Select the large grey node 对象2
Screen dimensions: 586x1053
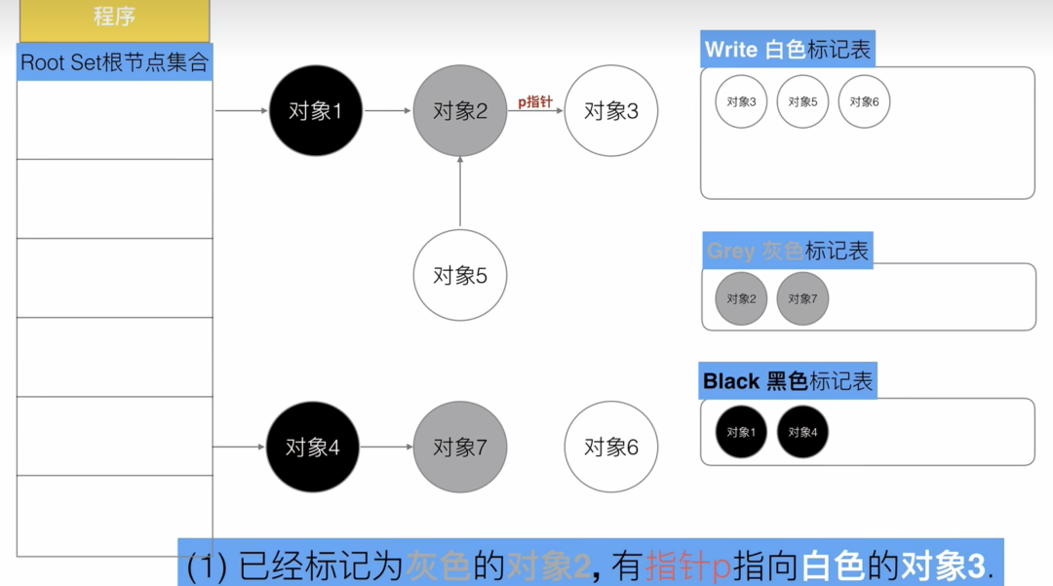coord(460,111)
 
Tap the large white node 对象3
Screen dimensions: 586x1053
coord(611,111)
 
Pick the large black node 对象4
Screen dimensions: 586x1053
coord(313,448)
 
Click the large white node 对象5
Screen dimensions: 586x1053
coord(460,276)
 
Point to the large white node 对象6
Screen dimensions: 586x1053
coord(611,448)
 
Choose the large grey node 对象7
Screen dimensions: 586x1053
coord(460,448)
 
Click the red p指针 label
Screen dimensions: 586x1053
coord(535,101)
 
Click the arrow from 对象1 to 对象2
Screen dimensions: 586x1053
coord(388,111)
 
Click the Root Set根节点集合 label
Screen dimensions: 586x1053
coord(115,62)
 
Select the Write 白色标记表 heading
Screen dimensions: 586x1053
coord(788,50)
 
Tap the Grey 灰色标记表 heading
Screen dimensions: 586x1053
coord(787,251)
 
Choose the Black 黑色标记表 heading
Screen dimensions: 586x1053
coord(788,380)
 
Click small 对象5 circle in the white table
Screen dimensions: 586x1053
coord(802,102)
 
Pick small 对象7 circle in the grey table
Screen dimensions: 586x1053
coord(802,298)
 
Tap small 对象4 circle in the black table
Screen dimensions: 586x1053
coord(802,432)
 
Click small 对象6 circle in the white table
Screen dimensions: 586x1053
coord(864,102)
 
